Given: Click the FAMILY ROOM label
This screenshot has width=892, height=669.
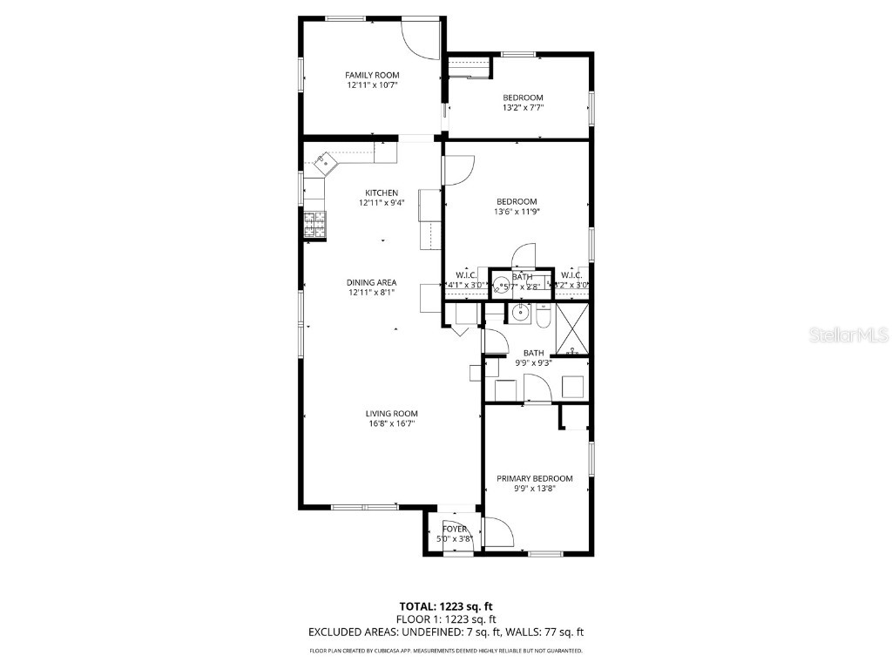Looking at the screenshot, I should [x=372, y=75].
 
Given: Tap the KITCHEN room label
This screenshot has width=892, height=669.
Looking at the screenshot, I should [x=382, y=193].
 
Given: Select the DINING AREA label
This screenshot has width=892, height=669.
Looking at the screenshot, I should [x=372, y=282].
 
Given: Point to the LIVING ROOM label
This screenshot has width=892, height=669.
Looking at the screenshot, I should [x=391, y=414].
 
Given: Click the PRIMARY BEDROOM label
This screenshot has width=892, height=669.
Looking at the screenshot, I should [x=535, y=478].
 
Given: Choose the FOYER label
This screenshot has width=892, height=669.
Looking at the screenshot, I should [x=454, y=529].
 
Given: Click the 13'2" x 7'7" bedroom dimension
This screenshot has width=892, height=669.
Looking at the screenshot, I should [x=523, y=108].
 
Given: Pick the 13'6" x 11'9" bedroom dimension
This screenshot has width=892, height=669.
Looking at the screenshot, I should [x=517, y=211].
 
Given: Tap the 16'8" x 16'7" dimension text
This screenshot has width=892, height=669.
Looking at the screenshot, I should [x=391, y=424].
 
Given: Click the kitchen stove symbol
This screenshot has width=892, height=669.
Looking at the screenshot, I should [x=314, y=226].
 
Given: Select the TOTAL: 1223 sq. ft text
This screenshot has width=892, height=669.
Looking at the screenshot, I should [x=446, y=606].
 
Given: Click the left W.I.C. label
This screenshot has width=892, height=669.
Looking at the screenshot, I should [x=464, y=275].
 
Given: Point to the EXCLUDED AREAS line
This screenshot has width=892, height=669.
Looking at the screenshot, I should [x=446, y=632].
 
